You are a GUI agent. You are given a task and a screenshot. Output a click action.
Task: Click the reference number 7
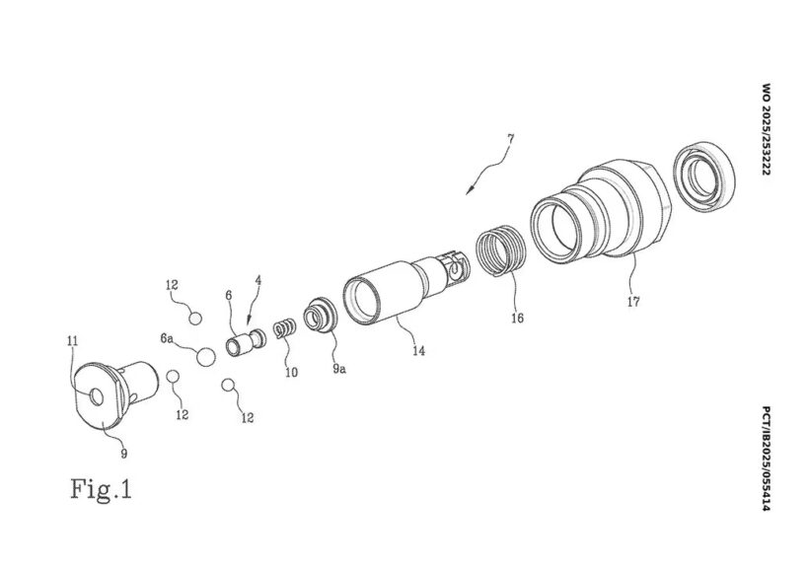(510, 139)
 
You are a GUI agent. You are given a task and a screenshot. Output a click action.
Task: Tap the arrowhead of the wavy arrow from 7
(469, 191)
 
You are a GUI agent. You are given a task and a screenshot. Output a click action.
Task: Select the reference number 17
(633, 301)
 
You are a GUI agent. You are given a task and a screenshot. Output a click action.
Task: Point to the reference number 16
(517, 318)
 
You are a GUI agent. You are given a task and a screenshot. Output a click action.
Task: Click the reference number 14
(418, 351)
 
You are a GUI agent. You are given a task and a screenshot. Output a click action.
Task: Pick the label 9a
(339, 368)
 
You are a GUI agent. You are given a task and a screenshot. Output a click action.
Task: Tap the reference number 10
(291, 372)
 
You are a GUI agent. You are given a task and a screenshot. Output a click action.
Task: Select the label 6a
(166, 338)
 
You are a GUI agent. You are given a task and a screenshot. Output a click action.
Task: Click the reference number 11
(72, 341)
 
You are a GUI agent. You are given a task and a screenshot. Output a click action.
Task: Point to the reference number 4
(257, 281)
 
